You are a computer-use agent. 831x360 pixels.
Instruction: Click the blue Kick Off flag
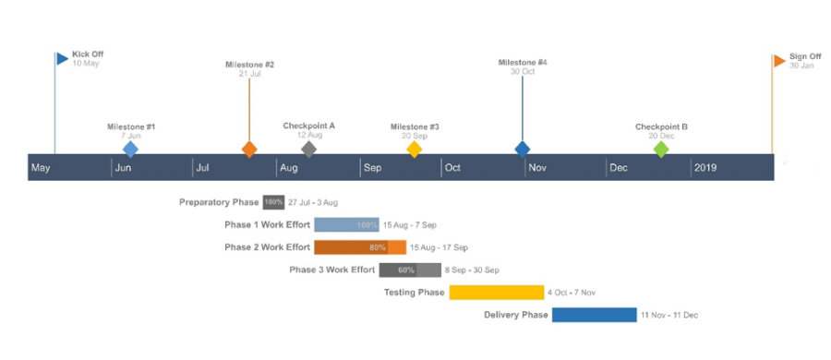pyautogui.click(x=62, y=59)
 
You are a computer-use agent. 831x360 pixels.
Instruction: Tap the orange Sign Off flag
pyautogui.click(x=779, y=61)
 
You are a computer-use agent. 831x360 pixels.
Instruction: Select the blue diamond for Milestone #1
pyautogui.click(x=130, y=149)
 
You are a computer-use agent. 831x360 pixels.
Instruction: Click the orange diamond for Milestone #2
pyautogui.click(x=249, y=149)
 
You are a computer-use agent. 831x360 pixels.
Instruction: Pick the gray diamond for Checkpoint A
pyautogui.click(x=309, y=149)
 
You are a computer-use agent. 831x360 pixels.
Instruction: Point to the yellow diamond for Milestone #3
pyautogui.click(x=415, y=149)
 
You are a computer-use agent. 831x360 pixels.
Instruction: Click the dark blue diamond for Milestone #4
pyautogui.click(x=523, y=149)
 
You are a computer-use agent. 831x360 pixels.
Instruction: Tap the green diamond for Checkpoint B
pyautogui.click(x=661, y=149)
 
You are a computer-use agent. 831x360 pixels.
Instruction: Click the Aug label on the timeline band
pyautogui.click(x=289, y=168)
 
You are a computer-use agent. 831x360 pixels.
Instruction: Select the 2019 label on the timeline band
pyautogui.click(x=705, y=168)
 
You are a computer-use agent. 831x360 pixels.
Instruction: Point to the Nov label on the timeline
pyautogui.click(x=537, y=168)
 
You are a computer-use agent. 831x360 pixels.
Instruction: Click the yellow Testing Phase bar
pyautogui.click(x=497, y=293)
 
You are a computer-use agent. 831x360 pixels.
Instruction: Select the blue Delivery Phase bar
pyautogui.click(x=595, y=315)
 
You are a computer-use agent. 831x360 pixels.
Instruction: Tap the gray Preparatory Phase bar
pyautogui.click(x=273, y=202)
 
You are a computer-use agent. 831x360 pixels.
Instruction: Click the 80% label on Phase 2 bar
pyautogui.click(x=378, y=247)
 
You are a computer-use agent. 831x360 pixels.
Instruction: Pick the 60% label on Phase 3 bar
pyautogui.click(x=406, y=270)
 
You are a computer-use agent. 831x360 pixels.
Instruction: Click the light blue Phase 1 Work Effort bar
pyautogui.click(x=346, y=225)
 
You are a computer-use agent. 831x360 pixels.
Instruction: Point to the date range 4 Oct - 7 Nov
pyautogui.click(x=572, y=293)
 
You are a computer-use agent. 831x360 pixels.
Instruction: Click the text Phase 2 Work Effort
pyautogui.click(x=267, y=247)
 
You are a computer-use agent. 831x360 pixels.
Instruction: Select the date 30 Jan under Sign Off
pyautogui.click(x=801, y=66)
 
